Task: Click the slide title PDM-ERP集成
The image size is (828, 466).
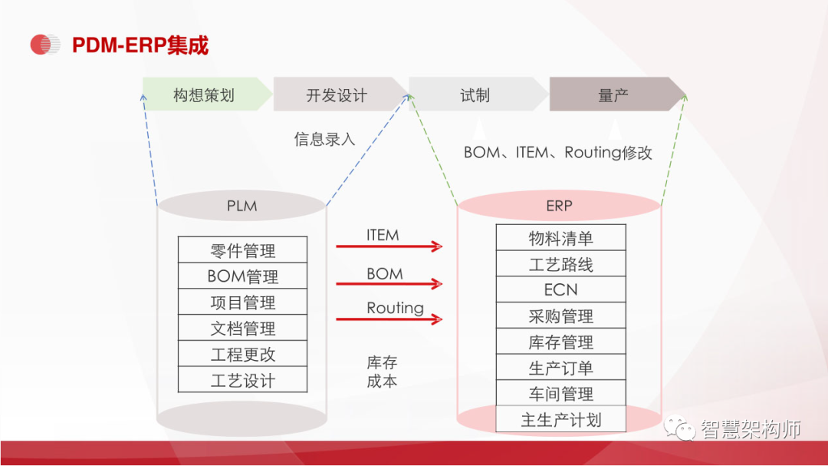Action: point(140,45)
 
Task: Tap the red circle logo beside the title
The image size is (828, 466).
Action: point(44,45)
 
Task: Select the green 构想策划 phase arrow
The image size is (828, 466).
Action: point(204,95)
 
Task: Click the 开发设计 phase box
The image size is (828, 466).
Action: point(337,95)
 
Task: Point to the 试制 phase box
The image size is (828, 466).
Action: point(475,95)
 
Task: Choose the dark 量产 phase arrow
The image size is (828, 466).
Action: point(613,95)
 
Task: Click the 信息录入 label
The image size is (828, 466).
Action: point(325,139)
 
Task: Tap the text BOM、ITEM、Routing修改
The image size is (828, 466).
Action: point(558,153)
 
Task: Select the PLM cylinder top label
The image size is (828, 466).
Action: point(242,206)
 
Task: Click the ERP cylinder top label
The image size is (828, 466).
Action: point(559,206)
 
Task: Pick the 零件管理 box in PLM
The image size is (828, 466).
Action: point(242,250)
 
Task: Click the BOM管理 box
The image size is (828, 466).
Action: point(242,276)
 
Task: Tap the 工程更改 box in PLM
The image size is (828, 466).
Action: point(242,355)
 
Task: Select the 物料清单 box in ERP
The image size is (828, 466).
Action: point(560,238)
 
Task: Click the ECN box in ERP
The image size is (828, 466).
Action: point(560,290)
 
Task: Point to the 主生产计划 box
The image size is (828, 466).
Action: point(560,420)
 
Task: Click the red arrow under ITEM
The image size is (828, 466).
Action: point(389,246)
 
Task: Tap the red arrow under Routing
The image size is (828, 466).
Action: point(389,319)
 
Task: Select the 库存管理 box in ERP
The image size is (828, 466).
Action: point(560,342)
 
